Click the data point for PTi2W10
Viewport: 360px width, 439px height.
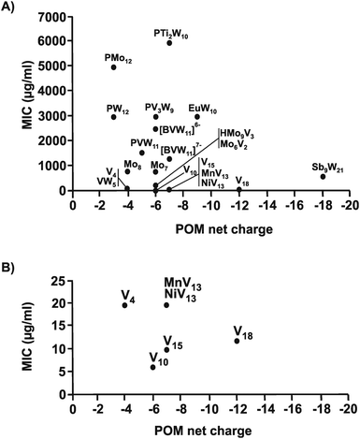[x=169, y=43]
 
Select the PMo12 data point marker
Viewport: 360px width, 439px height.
[x=113, y=67]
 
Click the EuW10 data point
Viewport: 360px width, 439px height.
[x=197, y=117]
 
